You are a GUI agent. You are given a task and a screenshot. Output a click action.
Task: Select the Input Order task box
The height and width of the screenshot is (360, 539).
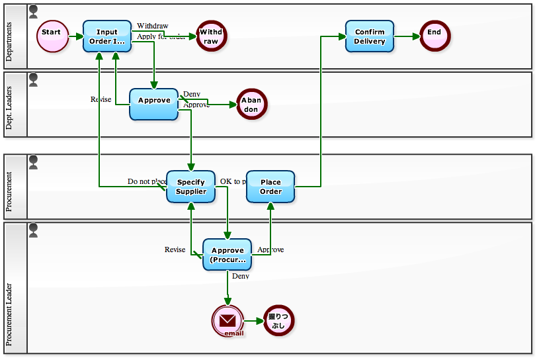[107, 36]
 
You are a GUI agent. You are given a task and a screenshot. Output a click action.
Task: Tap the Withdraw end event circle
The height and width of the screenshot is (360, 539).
[211, 36]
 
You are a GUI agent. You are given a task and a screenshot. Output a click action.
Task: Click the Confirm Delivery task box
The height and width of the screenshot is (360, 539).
[370, 36]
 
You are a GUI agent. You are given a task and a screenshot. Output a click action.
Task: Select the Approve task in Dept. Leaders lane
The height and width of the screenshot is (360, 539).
[154, 104]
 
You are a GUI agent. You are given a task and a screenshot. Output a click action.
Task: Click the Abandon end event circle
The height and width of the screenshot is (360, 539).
[252, 105]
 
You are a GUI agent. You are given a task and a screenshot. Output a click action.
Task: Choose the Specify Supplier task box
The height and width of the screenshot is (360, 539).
[190, 187]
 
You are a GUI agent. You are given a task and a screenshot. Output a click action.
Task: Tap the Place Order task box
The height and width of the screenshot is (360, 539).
[270, 187]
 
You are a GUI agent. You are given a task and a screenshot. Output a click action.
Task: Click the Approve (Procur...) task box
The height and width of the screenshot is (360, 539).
[227, 255]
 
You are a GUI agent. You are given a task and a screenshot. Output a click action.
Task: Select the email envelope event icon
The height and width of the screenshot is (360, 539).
[228, 321]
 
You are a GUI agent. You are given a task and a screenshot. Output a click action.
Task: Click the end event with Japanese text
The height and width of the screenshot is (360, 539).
[278, 321]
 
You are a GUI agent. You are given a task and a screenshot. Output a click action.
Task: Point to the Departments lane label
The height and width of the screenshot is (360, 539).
[9, 42]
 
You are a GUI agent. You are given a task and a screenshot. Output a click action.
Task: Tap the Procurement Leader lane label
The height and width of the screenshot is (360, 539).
[9, 315]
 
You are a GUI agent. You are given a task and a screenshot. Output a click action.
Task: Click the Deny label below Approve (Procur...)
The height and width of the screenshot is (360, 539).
[241, 276]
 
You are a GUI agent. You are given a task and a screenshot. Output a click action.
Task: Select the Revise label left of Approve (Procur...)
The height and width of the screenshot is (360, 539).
[175, 249]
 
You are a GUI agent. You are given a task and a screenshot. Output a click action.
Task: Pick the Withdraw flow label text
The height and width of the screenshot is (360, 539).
[152, 26]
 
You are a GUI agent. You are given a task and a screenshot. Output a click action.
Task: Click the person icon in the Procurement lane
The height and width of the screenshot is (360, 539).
[34, 161]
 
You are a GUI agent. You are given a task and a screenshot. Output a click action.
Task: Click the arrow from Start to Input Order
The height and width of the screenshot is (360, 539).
[75, 36]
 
